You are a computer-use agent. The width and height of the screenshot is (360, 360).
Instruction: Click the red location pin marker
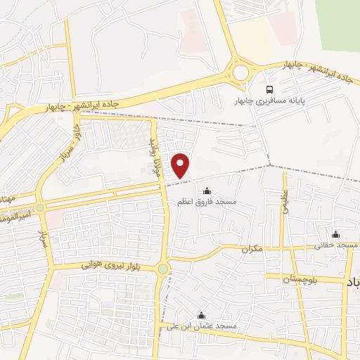(x=181, y=165)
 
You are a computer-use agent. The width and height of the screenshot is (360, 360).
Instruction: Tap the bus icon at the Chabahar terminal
(x=270, y=89)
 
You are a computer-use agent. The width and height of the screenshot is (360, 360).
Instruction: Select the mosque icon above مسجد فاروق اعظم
(x=207, y=190)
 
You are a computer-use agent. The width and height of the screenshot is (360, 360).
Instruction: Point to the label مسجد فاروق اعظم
(x=207, y=202)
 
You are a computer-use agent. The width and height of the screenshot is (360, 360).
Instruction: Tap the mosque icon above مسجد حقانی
(x=336, y=234)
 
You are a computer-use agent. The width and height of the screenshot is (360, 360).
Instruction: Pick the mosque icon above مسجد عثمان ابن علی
(x=202, y=315)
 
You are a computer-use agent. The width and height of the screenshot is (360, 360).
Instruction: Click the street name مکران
(x=251, y=249)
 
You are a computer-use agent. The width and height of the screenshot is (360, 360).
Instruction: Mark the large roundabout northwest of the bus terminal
(x=241, y=72)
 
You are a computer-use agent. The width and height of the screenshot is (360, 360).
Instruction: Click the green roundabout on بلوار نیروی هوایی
(x=163, y=269)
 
